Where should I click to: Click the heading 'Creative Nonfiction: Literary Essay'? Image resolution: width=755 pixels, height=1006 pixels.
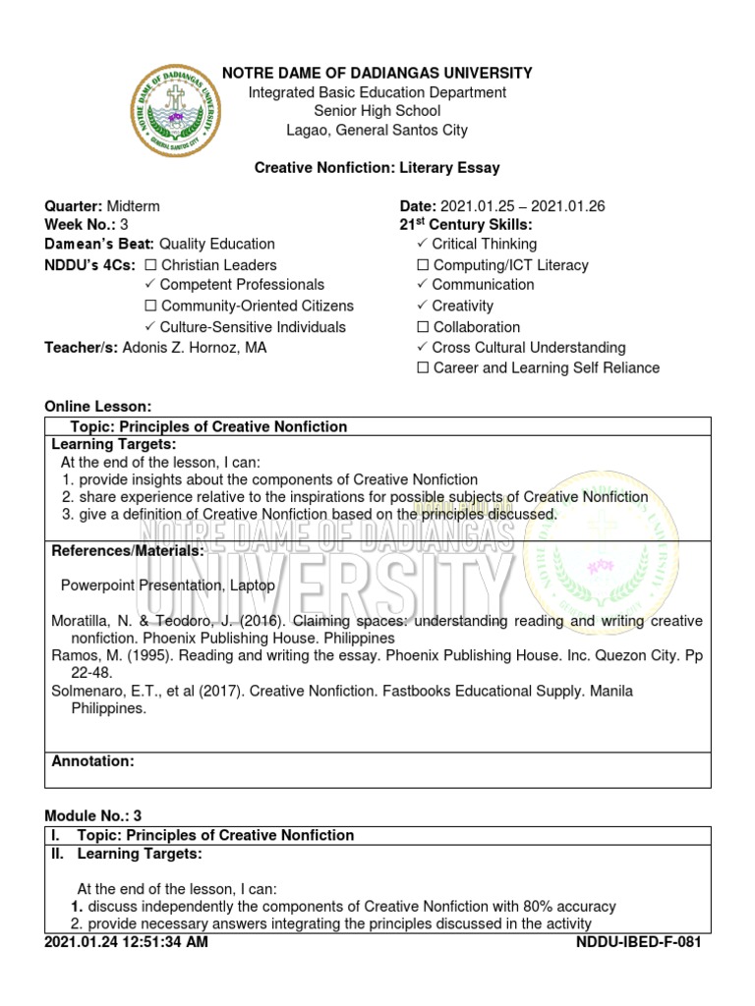[377, 169]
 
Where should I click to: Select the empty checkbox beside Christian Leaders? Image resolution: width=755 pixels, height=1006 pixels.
[151, 265]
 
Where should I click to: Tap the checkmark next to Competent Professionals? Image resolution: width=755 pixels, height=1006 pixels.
[150, 285]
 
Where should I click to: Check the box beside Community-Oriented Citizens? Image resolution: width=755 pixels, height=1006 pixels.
[151, 307]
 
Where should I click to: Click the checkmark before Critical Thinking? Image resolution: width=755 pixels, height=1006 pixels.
[423, 244]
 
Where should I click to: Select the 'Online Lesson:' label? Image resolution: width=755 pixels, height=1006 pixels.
[98, 407]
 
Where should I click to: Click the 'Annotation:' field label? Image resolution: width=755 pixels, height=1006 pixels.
[92, 761]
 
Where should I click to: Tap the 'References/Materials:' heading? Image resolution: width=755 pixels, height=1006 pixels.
[127, 551]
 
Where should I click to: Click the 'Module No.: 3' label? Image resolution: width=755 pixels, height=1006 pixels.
[93, 816]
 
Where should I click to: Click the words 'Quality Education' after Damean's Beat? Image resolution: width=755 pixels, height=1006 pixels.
[217, 244]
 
